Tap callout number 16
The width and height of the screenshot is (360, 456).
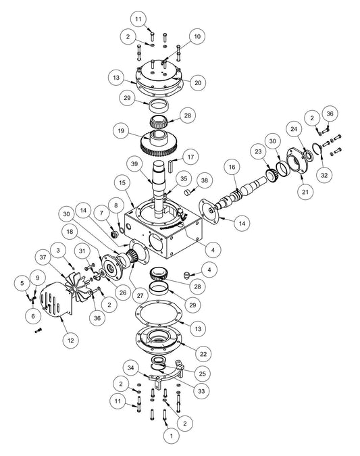point(232,166)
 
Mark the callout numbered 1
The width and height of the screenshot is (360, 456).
point(171,436)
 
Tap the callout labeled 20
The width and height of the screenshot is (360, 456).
point(197,83)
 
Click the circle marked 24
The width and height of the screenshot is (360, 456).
point(292,128)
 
